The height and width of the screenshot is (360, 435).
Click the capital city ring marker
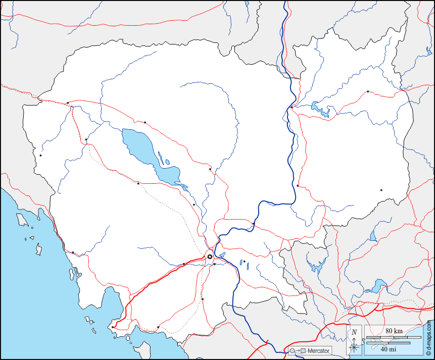point(210,256)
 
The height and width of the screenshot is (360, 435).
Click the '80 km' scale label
point(394,331)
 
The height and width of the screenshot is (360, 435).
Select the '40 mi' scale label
point(388,349)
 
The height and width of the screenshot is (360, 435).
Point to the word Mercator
point(319,350)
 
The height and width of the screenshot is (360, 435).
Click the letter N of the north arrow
point(355,332)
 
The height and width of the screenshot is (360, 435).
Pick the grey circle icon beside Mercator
point(292,350)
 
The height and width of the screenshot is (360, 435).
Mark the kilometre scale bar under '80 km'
point(394,337)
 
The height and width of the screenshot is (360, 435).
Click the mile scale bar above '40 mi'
point(388,343)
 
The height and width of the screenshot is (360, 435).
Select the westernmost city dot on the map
point(40,155)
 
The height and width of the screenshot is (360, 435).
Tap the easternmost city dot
point(381,190)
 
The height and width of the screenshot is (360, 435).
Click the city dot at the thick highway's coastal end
point(113,327)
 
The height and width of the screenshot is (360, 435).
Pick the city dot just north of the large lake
point(144,122)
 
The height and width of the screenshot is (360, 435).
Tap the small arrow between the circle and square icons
point(297,350)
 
